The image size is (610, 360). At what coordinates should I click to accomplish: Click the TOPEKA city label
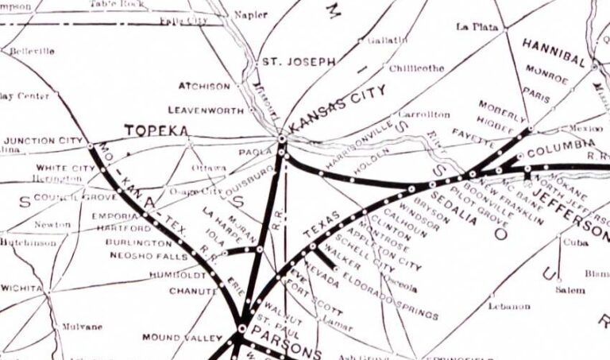point(156,130)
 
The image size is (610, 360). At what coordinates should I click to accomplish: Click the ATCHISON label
point(204,87)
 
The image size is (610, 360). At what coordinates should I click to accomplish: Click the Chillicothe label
point(417,68)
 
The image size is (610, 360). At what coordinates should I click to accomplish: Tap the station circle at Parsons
point(241,327)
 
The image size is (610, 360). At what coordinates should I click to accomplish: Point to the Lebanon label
point(509,305)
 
